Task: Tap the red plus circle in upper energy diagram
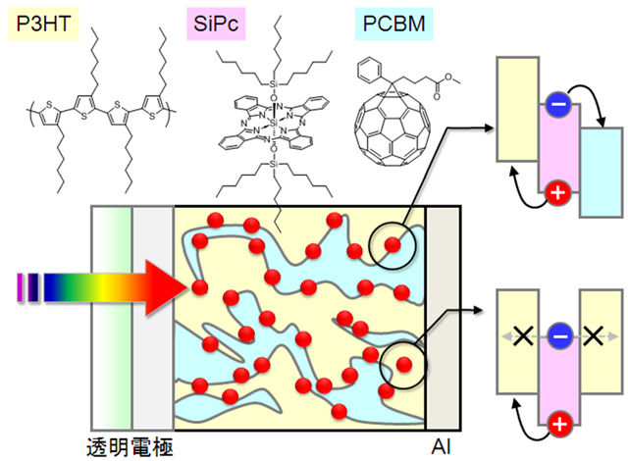tap(557, 192)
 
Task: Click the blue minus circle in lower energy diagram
tap(557, 335)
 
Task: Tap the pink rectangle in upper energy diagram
tap(557, 147)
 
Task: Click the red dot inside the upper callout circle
tap(393, 244)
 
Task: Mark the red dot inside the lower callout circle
tap(404, 365)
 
